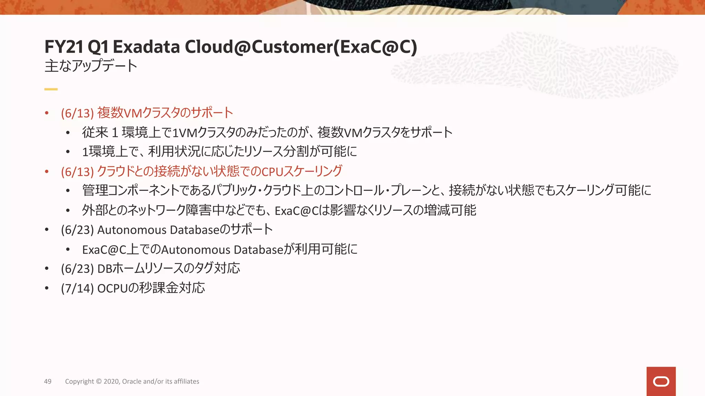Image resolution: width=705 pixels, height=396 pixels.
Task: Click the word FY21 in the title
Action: click(x=64, y=47)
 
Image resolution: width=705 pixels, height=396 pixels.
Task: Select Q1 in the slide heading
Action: click(x=98, y=47)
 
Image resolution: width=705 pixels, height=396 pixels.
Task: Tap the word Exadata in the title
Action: click(x=146, y=47)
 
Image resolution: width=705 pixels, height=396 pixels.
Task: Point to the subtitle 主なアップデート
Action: click(x=91, y=66)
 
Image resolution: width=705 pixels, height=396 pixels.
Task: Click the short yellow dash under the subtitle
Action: click(x=51, y=89)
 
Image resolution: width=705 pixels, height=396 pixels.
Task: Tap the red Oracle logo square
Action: click(x=661, y=381)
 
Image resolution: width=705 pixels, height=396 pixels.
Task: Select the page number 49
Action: click(x=48, y=381)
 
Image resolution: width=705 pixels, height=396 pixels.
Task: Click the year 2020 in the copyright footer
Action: click(x=112, y=381)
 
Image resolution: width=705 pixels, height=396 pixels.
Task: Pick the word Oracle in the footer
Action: click(x=131, y=381)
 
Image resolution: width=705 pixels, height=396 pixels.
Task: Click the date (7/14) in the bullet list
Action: click(x=77, y=288)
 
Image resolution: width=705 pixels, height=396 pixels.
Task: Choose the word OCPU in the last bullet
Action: click(x=113, y=288)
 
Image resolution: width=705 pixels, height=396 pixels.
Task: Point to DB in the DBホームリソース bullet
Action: click(x=105, y=268)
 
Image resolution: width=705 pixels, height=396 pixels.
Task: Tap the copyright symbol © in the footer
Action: click(x=99, y=381)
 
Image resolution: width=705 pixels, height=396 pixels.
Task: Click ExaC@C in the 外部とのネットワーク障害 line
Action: click(x=296, y=211)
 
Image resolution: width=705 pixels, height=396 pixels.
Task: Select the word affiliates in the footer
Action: click(x=187, y=381)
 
